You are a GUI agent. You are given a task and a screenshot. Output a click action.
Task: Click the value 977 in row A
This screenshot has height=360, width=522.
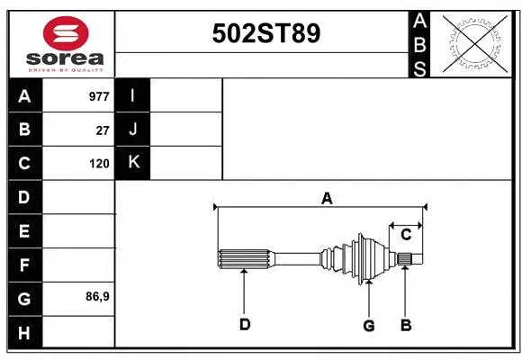(99, 96)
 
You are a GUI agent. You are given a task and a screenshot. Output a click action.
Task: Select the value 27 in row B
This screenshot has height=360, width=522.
(103, 130)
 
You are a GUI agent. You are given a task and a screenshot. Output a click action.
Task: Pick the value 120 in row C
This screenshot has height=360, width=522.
(99, 164)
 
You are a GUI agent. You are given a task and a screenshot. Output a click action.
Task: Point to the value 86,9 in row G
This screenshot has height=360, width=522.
(97, 295)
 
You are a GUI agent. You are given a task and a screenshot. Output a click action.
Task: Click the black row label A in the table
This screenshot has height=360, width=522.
(24, 96)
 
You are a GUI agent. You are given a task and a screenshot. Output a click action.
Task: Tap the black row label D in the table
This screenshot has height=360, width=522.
(24, 197)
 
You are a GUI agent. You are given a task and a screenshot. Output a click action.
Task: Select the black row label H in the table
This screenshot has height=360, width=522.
(24, 332)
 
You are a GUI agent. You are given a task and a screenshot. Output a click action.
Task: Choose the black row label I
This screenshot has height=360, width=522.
(133, 95)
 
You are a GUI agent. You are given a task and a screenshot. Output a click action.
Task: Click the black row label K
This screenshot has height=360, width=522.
(133, 163)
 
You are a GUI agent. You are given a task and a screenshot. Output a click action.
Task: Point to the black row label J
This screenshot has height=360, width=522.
(133, 130)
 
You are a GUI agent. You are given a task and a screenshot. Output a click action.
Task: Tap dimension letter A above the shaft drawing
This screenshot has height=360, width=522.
(327, 198)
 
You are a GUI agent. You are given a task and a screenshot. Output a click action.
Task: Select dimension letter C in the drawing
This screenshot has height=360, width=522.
(406, 234)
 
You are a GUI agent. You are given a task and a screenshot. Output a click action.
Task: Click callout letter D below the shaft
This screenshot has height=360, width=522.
(245, 325)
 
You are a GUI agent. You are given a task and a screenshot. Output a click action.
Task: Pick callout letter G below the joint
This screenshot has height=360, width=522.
(368, 325)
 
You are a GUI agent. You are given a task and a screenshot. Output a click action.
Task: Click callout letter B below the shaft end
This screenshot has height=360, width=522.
(406, 325)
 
